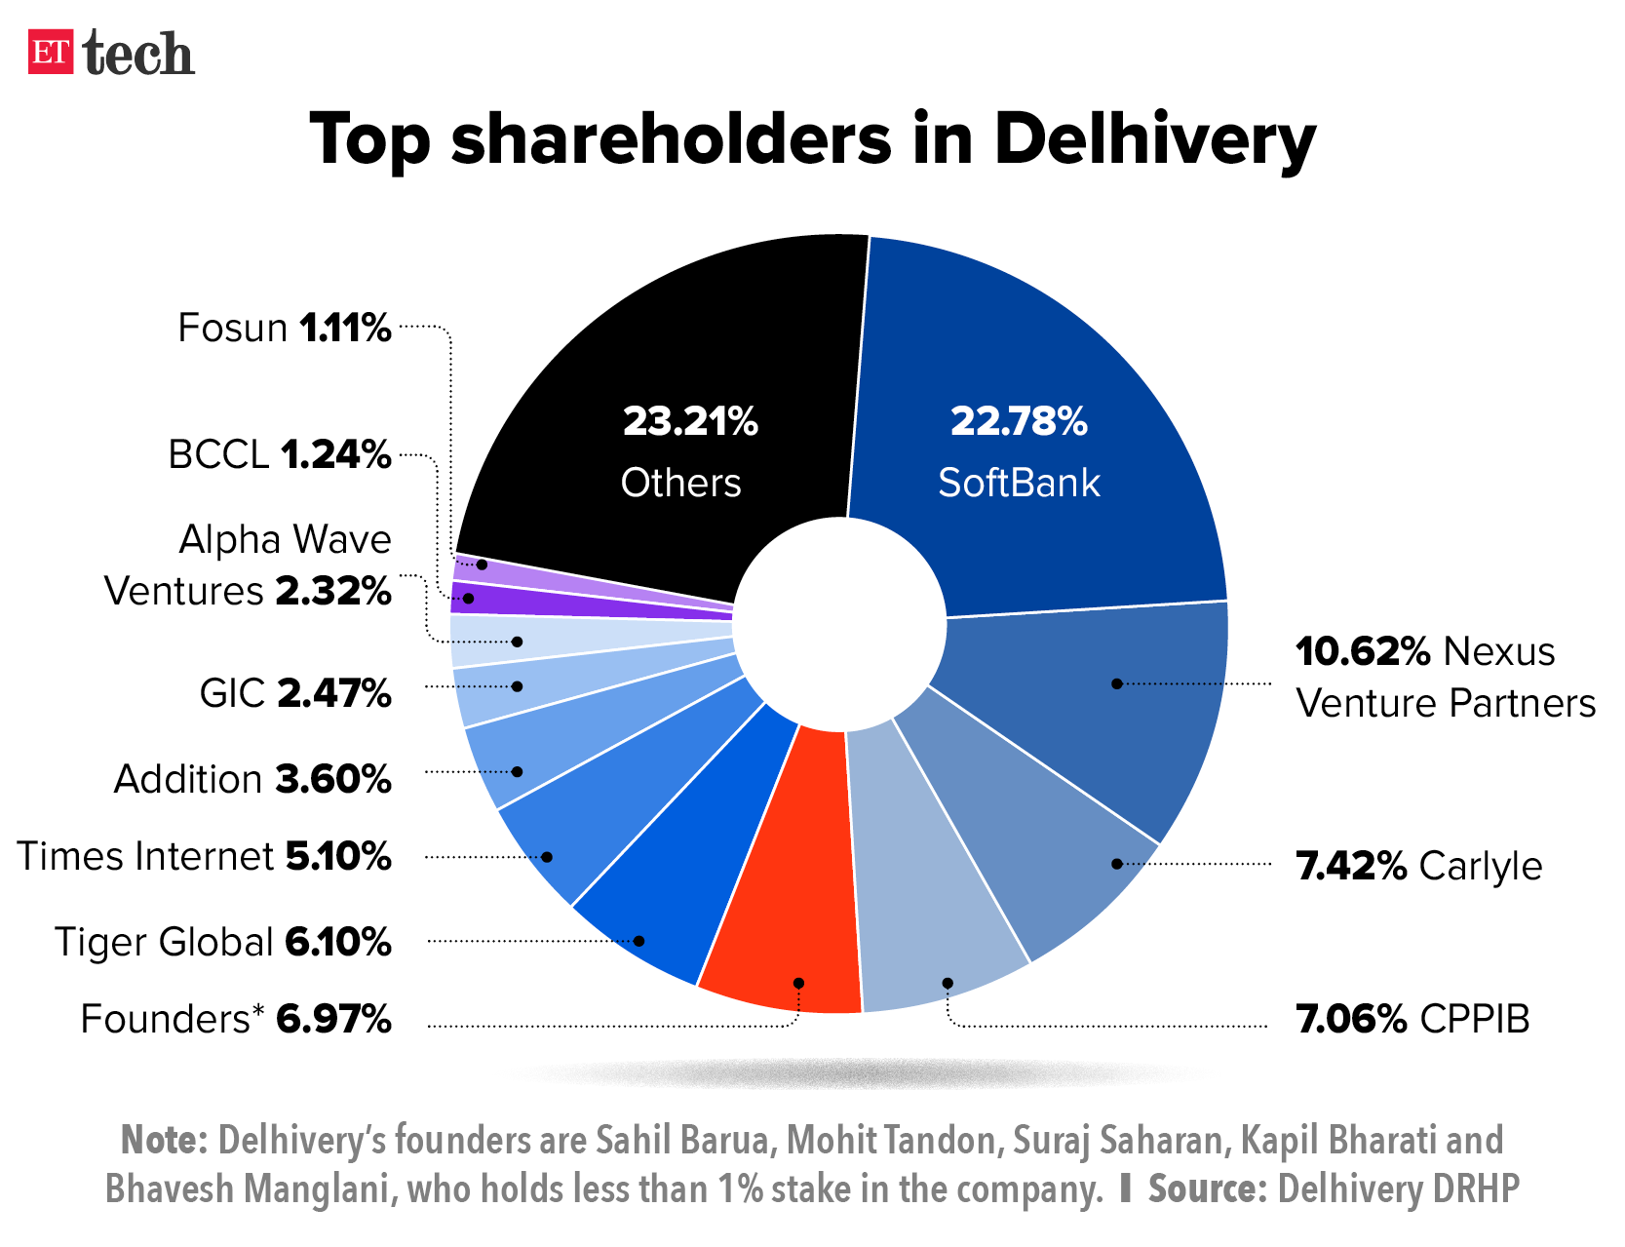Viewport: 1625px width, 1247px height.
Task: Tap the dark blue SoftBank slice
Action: [1033, 390]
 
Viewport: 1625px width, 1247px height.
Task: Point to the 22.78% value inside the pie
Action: [1019, 421]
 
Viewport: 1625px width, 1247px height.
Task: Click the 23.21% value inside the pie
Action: [690, 421]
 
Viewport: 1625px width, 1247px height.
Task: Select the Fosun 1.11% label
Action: [284, 329]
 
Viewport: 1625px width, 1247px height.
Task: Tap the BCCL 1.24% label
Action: [279, 454]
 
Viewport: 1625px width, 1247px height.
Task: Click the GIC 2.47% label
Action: [294, 693]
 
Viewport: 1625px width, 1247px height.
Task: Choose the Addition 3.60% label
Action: [252, 779]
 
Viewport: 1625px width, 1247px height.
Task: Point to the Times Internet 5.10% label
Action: [204, 856]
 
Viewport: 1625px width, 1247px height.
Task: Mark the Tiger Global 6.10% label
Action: [222, 942]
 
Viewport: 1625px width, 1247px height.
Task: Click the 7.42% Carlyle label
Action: [1418, 866]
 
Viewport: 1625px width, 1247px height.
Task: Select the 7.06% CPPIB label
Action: [1412, 1019]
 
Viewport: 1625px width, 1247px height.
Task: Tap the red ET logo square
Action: [51, 53]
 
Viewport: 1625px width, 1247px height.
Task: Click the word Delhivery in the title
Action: [1154, 139]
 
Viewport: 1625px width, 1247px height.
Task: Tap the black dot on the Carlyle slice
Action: [1117, 864]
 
